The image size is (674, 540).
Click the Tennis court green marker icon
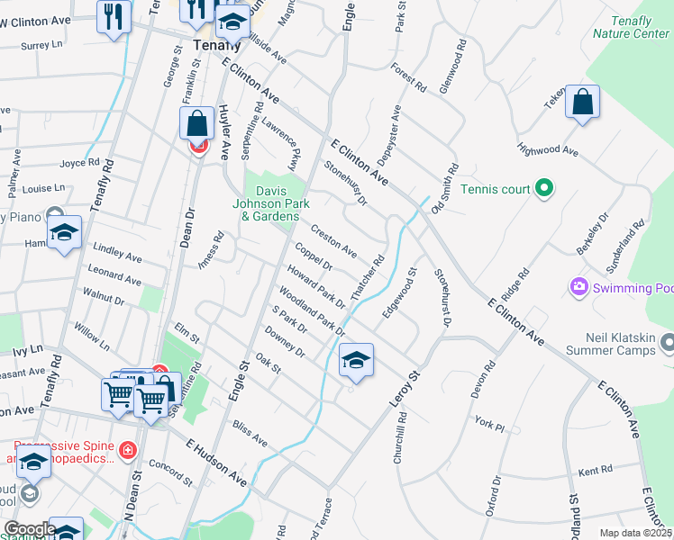(543, 189)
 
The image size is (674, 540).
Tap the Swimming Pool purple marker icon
(578, 288)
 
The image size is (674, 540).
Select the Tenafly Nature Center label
(631, 27)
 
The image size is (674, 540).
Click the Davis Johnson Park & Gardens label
(277, 203)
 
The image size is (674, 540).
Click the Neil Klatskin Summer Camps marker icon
(668, 342)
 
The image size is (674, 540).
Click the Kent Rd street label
(595, 470)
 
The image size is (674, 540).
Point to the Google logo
(29, 530)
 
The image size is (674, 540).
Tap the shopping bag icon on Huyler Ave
(196, 125)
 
